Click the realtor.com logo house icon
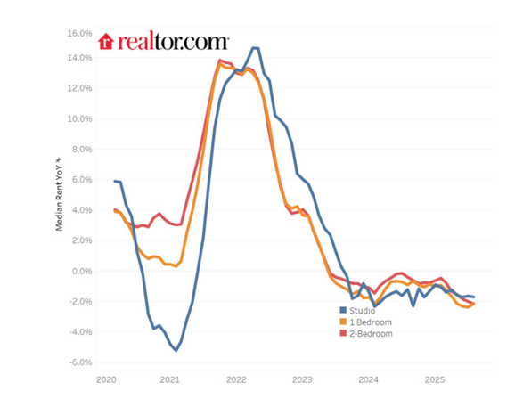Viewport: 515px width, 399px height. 105,41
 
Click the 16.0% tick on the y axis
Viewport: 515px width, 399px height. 79,33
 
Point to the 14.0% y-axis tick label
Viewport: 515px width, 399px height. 79,58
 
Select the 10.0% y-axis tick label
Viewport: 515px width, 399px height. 79,118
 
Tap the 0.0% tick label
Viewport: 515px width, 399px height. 81,271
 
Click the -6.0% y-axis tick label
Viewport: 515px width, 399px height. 79,362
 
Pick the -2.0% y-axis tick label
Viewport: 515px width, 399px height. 79,302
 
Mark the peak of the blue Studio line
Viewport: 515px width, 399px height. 255,48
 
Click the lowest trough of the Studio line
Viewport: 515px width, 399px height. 176,350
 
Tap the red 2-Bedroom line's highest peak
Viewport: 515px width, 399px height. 220,61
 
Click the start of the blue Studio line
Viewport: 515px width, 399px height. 115,181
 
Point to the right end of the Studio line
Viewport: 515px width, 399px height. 474,297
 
